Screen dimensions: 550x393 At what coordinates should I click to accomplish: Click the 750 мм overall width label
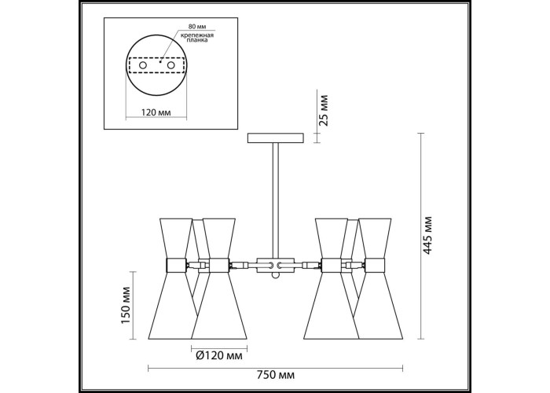tap(275, 376)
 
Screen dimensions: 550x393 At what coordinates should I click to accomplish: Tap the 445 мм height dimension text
tap(427, 235)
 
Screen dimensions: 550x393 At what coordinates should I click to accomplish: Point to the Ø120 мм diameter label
tap(219, 356)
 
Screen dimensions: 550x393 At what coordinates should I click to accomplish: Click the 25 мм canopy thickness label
tap(324, 110)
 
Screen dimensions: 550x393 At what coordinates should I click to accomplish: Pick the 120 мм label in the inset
tap(156, 112)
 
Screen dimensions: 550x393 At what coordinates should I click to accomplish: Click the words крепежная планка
tap(197, 38)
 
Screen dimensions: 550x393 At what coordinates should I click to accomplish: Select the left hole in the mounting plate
tap(143, 65)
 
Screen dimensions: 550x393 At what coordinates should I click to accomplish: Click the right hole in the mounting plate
tap(170, 65)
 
